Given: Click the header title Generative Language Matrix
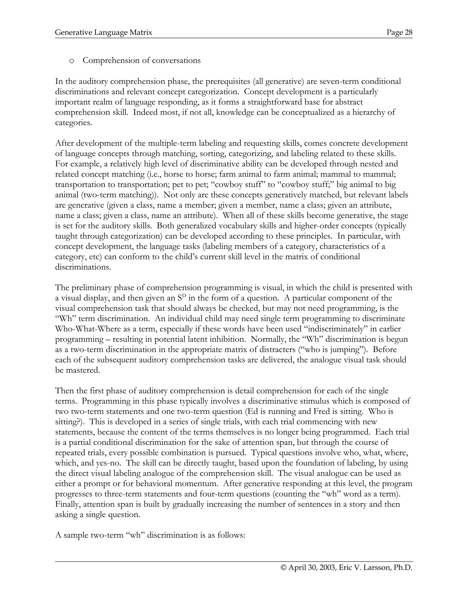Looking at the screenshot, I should point(104,33).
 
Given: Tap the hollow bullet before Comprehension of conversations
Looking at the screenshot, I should point(72,61).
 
